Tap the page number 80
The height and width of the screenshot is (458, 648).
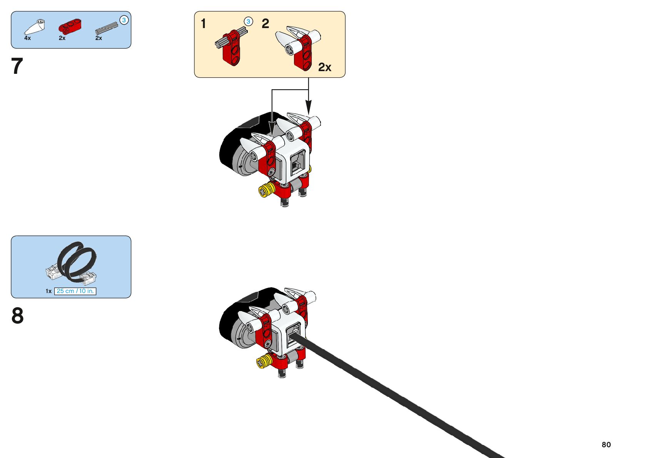pyautogui.click(x=606, y=445)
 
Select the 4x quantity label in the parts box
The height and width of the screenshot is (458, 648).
pyautogui.click(x=27, y=38)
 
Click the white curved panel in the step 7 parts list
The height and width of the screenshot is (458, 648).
pyautogui.click(x=35, y=27)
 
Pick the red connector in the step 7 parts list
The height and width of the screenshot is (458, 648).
pyautogui.click(x=70, y=26)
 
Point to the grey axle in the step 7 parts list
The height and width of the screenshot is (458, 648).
pyautogui.click(x=107, y=28)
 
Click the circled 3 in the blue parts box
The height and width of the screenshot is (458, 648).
pyautogui.click(x=124, y=20)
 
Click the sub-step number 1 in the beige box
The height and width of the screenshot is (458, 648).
pyautogui.click(x=204, y=24)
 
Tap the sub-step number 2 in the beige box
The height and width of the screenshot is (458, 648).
pyautogui.click(x=265, y=24)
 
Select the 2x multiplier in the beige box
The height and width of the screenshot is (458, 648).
pyautogui.click(x=324, y=67)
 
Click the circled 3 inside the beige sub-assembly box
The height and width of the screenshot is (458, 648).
pyautogui.click(x=249, y=22)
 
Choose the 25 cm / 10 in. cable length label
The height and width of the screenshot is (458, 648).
pyautogui.click(x=75, y=291)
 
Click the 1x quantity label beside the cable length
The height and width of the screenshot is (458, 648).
pyautogui.click(x=48, y=291)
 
